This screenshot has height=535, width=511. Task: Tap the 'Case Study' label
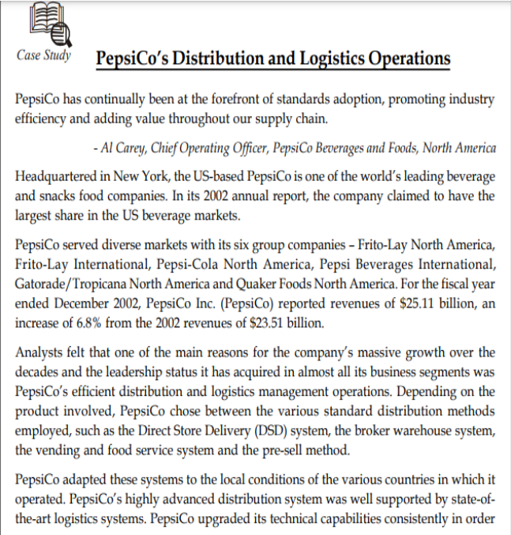coord(43,55)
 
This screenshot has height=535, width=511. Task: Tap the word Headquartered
coord(55,175)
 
